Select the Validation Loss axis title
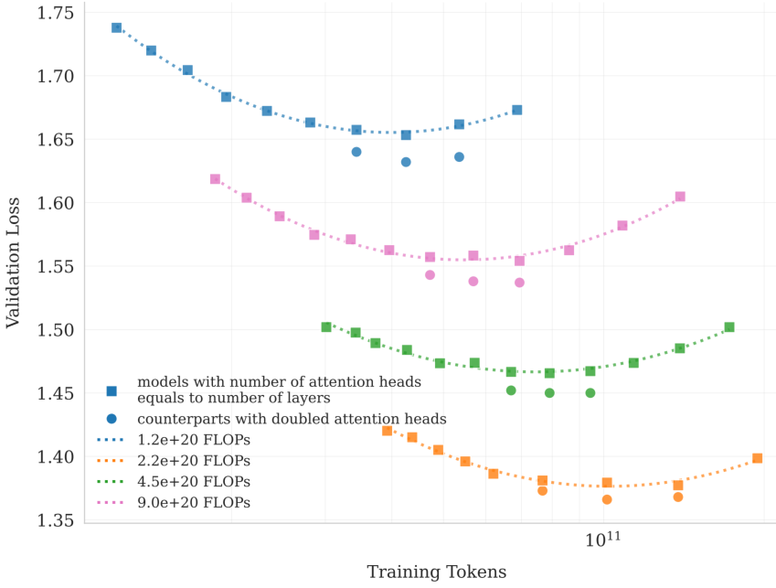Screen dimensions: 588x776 (x=14, y=265)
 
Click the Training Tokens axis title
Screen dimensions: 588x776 (x=436, y=572)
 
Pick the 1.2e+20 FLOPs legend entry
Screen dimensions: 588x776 (x=194, y=440)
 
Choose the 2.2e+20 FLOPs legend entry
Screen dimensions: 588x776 (x=194, y=461)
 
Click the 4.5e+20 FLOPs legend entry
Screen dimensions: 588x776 (x=194, y=482)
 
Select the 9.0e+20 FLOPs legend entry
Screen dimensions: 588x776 (x=194, y=503)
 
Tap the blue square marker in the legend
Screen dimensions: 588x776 (x=112, y=390)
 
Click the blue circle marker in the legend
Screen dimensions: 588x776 (x=112, y=419)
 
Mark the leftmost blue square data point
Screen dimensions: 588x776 (x=117, y=28)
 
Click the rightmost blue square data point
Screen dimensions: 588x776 (x=517, y=111)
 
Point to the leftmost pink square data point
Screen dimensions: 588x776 (x=215, y=179)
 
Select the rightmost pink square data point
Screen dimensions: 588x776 (x=680, y=197)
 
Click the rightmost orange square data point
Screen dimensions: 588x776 (x=757, y=459)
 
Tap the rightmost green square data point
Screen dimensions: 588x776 (x=729, y=327)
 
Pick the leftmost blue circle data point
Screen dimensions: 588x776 (x=356, y=152)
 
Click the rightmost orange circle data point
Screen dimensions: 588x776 (x=678, y=497)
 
